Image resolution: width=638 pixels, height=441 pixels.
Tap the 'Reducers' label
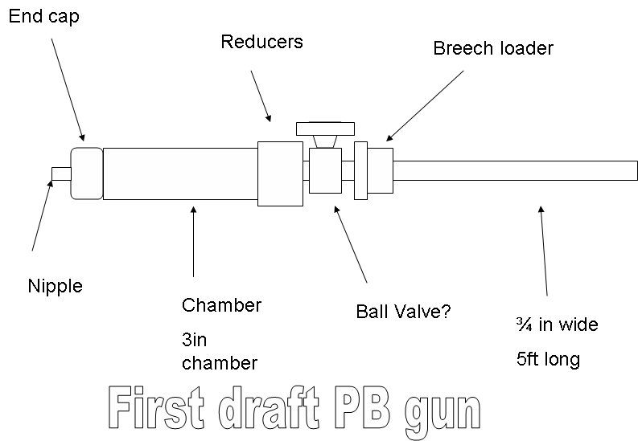point(261,42)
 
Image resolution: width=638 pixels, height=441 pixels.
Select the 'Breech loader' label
point(492,48)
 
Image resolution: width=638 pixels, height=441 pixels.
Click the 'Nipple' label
point(55,285)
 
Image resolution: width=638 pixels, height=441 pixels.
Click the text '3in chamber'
point(219,351)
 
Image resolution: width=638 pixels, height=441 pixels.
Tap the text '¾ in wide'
point(557,325)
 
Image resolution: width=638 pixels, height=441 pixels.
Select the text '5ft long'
point(547,358)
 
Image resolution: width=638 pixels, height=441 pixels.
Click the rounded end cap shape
point(87,172)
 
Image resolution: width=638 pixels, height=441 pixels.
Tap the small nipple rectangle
point(61,174)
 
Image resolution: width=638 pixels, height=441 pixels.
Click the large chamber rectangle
point(179,173)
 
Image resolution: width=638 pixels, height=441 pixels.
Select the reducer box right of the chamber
point(280,174)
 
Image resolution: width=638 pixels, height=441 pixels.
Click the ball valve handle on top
point(324,129)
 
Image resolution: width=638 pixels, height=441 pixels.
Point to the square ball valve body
point(325,170)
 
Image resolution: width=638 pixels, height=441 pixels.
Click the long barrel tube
point(515,171)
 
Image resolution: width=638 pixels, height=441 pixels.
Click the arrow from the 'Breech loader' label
point(425,105)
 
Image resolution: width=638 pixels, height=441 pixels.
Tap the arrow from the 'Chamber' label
point(193,241)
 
